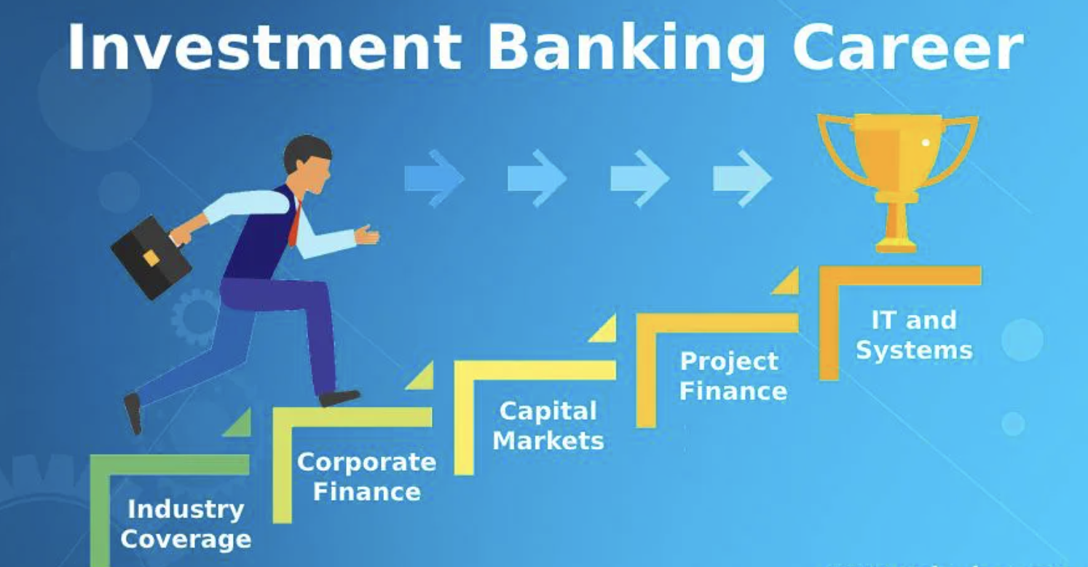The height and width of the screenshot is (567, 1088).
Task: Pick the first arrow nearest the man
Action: (x=434, y=177)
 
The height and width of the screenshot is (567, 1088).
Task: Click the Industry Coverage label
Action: (x=186, y=524)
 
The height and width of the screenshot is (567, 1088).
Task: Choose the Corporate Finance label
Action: (x=366, y=476)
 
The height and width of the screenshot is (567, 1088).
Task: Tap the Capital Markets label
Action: (x=548, y=426)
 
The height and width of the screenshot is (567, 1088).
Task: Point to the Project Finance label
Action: (x=733, y=376)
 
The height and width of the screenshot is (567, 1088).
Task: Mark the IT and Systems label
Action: (x=913, y=335)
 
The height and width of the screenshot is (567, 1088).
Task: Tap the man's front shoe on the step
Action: (x=339, y=397)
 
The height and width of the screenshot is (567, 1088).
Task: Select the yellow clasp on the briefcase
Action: (x=151, y=258)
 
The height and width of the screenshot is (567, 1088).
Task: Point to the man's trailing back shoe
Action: (x=133, y=412)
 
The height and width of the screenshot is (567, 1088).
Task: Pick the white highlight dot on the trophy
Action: (x=926, y=142)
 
